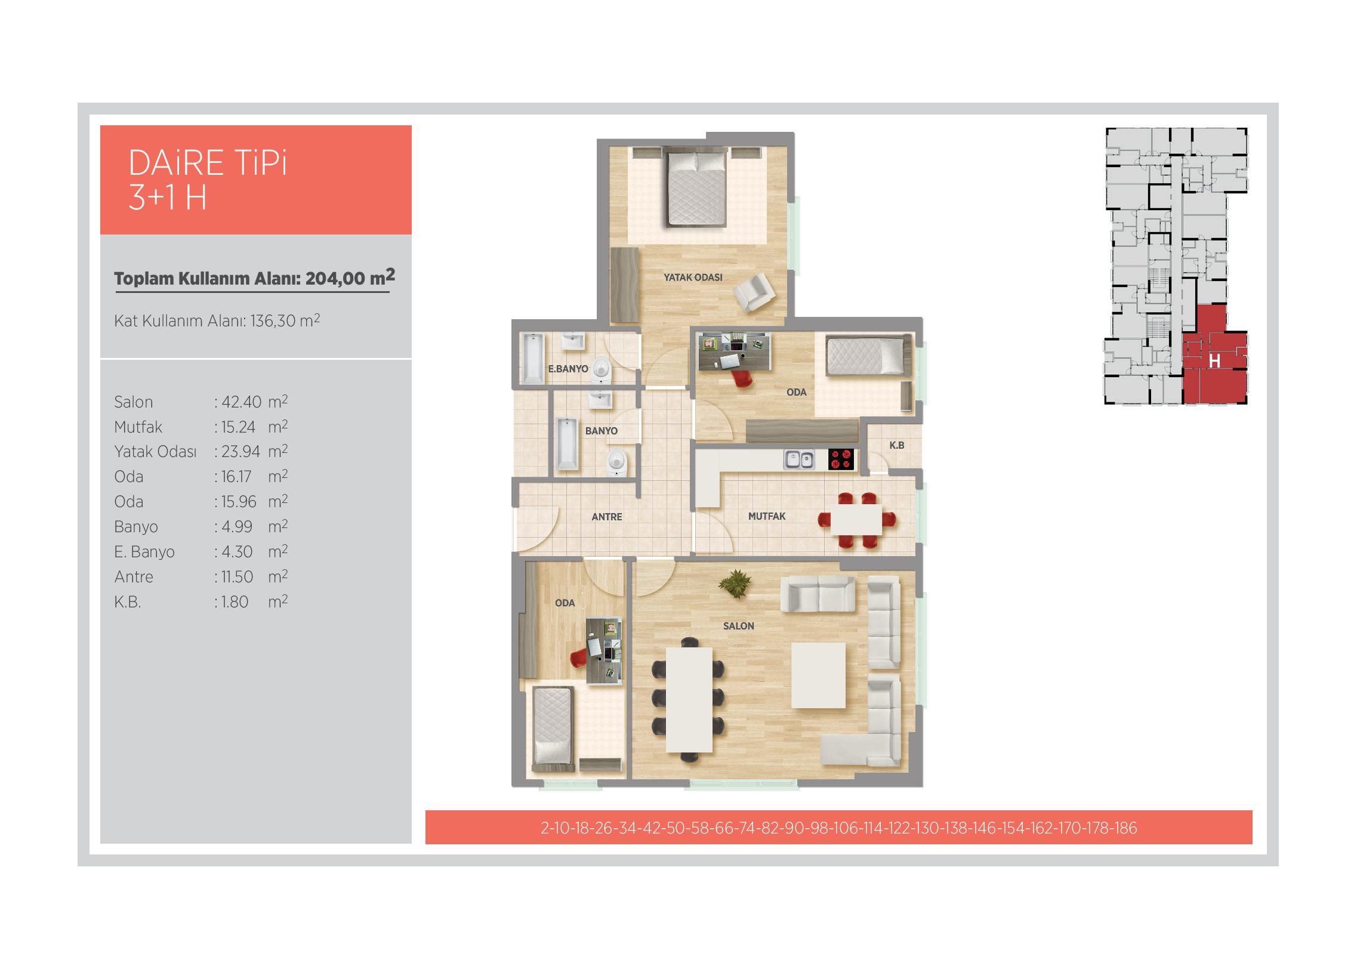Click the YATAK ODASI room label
[693, 277]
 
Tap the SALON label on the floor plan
[738, 626]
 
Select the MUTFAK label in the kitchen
[767, 516]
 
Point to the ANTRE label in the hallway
[607, 517]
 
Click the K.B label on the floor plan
[896, 445]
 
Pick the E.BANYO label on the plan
[568, 369]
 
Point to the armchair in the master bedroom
[754, 291]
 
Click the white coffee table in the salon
[818, 675]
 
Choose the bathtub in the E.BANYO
[533, 358]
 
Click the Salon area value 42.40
[242, 402]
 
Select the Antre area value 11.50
[238, 577]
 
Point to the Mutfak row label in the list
[138, 427]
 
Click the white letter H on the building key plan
[1214, 361]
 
